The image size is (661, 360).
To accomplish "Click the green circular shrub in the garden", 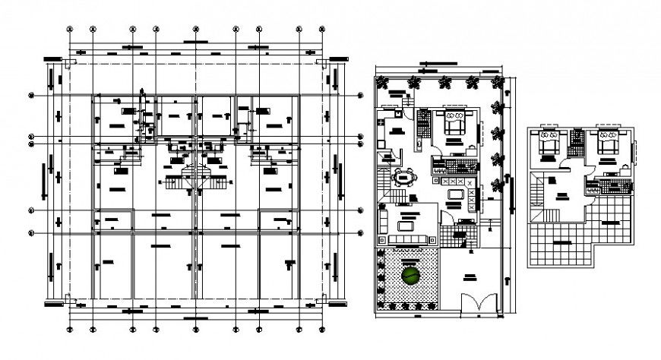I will tap(411, 276).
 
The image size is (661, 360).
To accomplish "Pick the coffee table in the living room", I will tap(406, 225).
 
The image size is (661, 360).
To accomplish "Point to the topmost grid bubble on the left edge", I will tap(32, 96).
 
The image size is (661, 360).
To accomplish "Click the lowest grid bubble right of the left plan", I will tap(360, 232).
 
